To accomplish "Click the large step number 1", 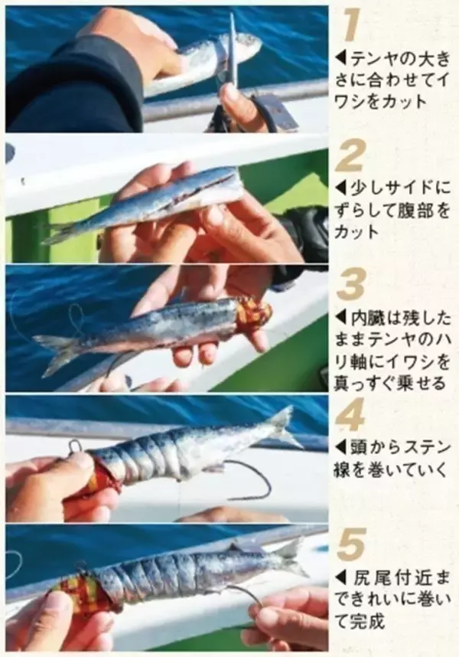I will pos(351,25).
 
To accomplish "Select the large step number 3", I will pos(351,285).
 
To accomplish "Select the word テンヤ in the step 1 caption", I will pos(371,57).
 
